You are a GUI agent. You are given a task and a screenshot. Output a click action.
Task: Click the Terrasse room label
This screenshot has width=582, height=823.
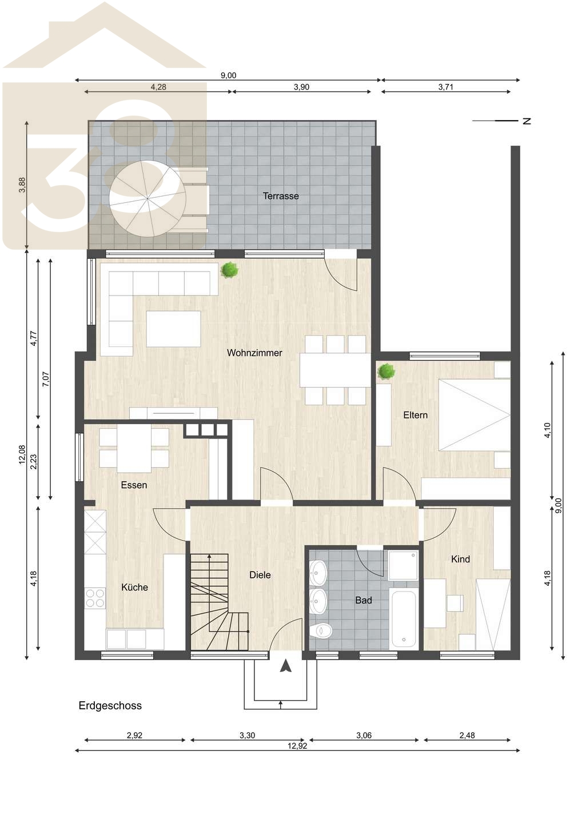[281, 196]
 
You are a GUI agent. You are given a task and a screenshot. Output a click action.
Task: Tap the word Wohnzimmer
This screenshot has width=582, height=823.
[254, 353]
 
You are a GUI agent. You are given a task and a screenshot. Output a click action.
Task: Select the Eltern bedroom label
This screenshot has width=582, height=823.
[415, 415]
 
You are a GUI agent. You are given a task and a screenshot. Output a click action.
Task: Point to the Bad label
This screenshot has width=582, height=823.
[364, 600]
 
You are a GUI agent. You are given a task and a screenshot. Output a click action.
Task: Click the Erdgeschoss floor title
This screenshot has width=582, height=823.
[110, 706]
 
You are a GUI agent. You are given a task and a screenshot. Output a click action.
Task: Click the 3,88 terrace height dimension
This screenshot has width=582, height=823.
[23, 185]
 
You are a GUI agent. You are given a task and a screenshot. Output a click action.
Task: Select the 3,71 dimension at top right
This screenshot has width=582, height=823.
[446, 87]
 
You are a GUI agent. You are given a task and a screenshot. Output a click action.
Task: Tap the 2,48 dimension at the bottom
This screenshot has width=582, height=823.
[467, 736]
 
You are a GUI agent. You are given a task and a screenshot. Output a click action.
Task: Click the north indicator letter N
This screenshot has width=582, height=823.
[527, 121]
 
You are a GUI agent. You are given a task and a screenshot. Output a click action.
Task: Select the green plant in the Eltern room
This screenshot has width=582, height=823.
[386, 371]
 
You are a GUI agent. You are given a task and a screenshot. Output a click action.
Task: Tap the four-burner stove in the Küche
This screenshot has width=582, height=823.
[95, 598]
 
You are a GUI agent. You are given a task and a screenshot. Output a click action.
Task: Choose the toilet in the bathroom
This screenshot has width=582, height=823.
[320, 631]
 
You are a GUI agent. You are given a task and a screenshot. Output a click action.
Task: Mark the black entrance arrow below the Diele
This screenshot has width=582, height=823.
[285, 666]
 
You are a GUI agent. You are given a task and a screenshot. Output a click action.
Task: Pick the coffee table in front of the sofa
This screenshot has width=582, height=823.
[173, 329]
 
